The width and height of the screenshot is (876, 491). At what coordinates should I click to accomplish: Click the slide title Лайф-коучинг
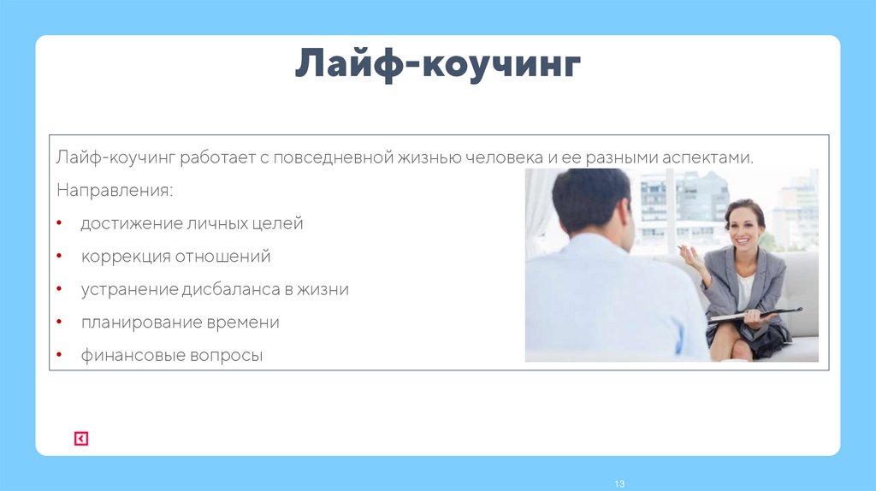tap(438, 66)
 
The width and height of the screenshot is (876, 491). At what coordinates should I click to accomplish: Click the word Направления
tap(114, 189)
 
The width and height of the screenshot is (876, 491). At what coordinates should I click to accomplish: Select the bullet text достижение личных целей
tap(192, 224)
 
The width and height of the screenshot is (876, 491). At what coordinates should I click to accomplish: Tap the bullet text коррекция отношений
tap(176, 257)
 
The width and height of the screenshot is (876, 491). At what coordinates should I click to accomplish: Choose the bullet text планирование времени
tap(181, 322)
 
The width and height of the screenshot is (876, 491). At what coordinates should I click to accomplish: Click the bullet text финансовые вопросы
tap(172, 355)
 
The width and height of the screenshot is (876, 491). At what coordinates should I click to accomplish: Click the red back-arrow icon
tap(80, 439)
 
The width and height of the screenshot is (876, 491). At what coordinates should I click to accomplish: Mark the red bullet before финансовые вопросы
tap(58, 354)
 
